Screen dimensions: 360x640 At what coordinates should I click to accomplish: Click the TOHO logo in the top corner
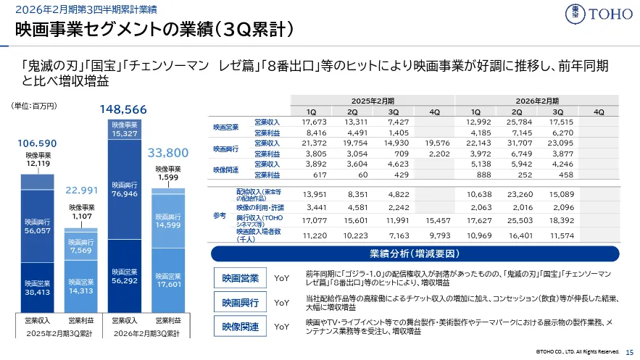coord(599,14)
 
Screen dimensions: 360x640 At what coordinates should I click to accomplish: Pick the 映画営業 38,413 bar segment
coord(36,288)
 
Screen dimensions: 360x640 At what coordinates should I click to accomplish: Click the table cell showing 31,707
coord(517,143)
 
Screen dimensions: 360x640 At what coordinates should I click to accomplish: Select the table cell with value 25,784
coord(517,122)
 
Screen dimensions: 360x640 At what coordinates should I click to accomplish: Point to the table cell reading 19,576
coord(434,143)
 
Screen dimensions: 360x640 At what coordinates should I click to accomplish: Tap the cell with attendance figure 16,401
coord(517,236)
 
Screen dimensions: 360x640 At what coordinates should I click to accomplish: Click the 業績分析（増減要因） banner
coord(412,254)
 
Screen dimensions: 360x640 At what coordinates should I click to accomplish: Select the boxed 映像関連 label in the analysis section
coord(240,327)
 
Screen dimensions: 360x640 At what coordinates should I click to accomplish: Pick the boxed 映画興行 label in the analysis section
coord(240,302)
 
